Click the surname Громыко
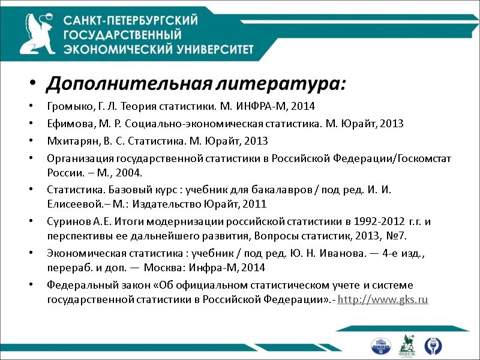(x=66, y=107)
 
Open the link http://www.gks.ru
(x=383, y=299)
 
